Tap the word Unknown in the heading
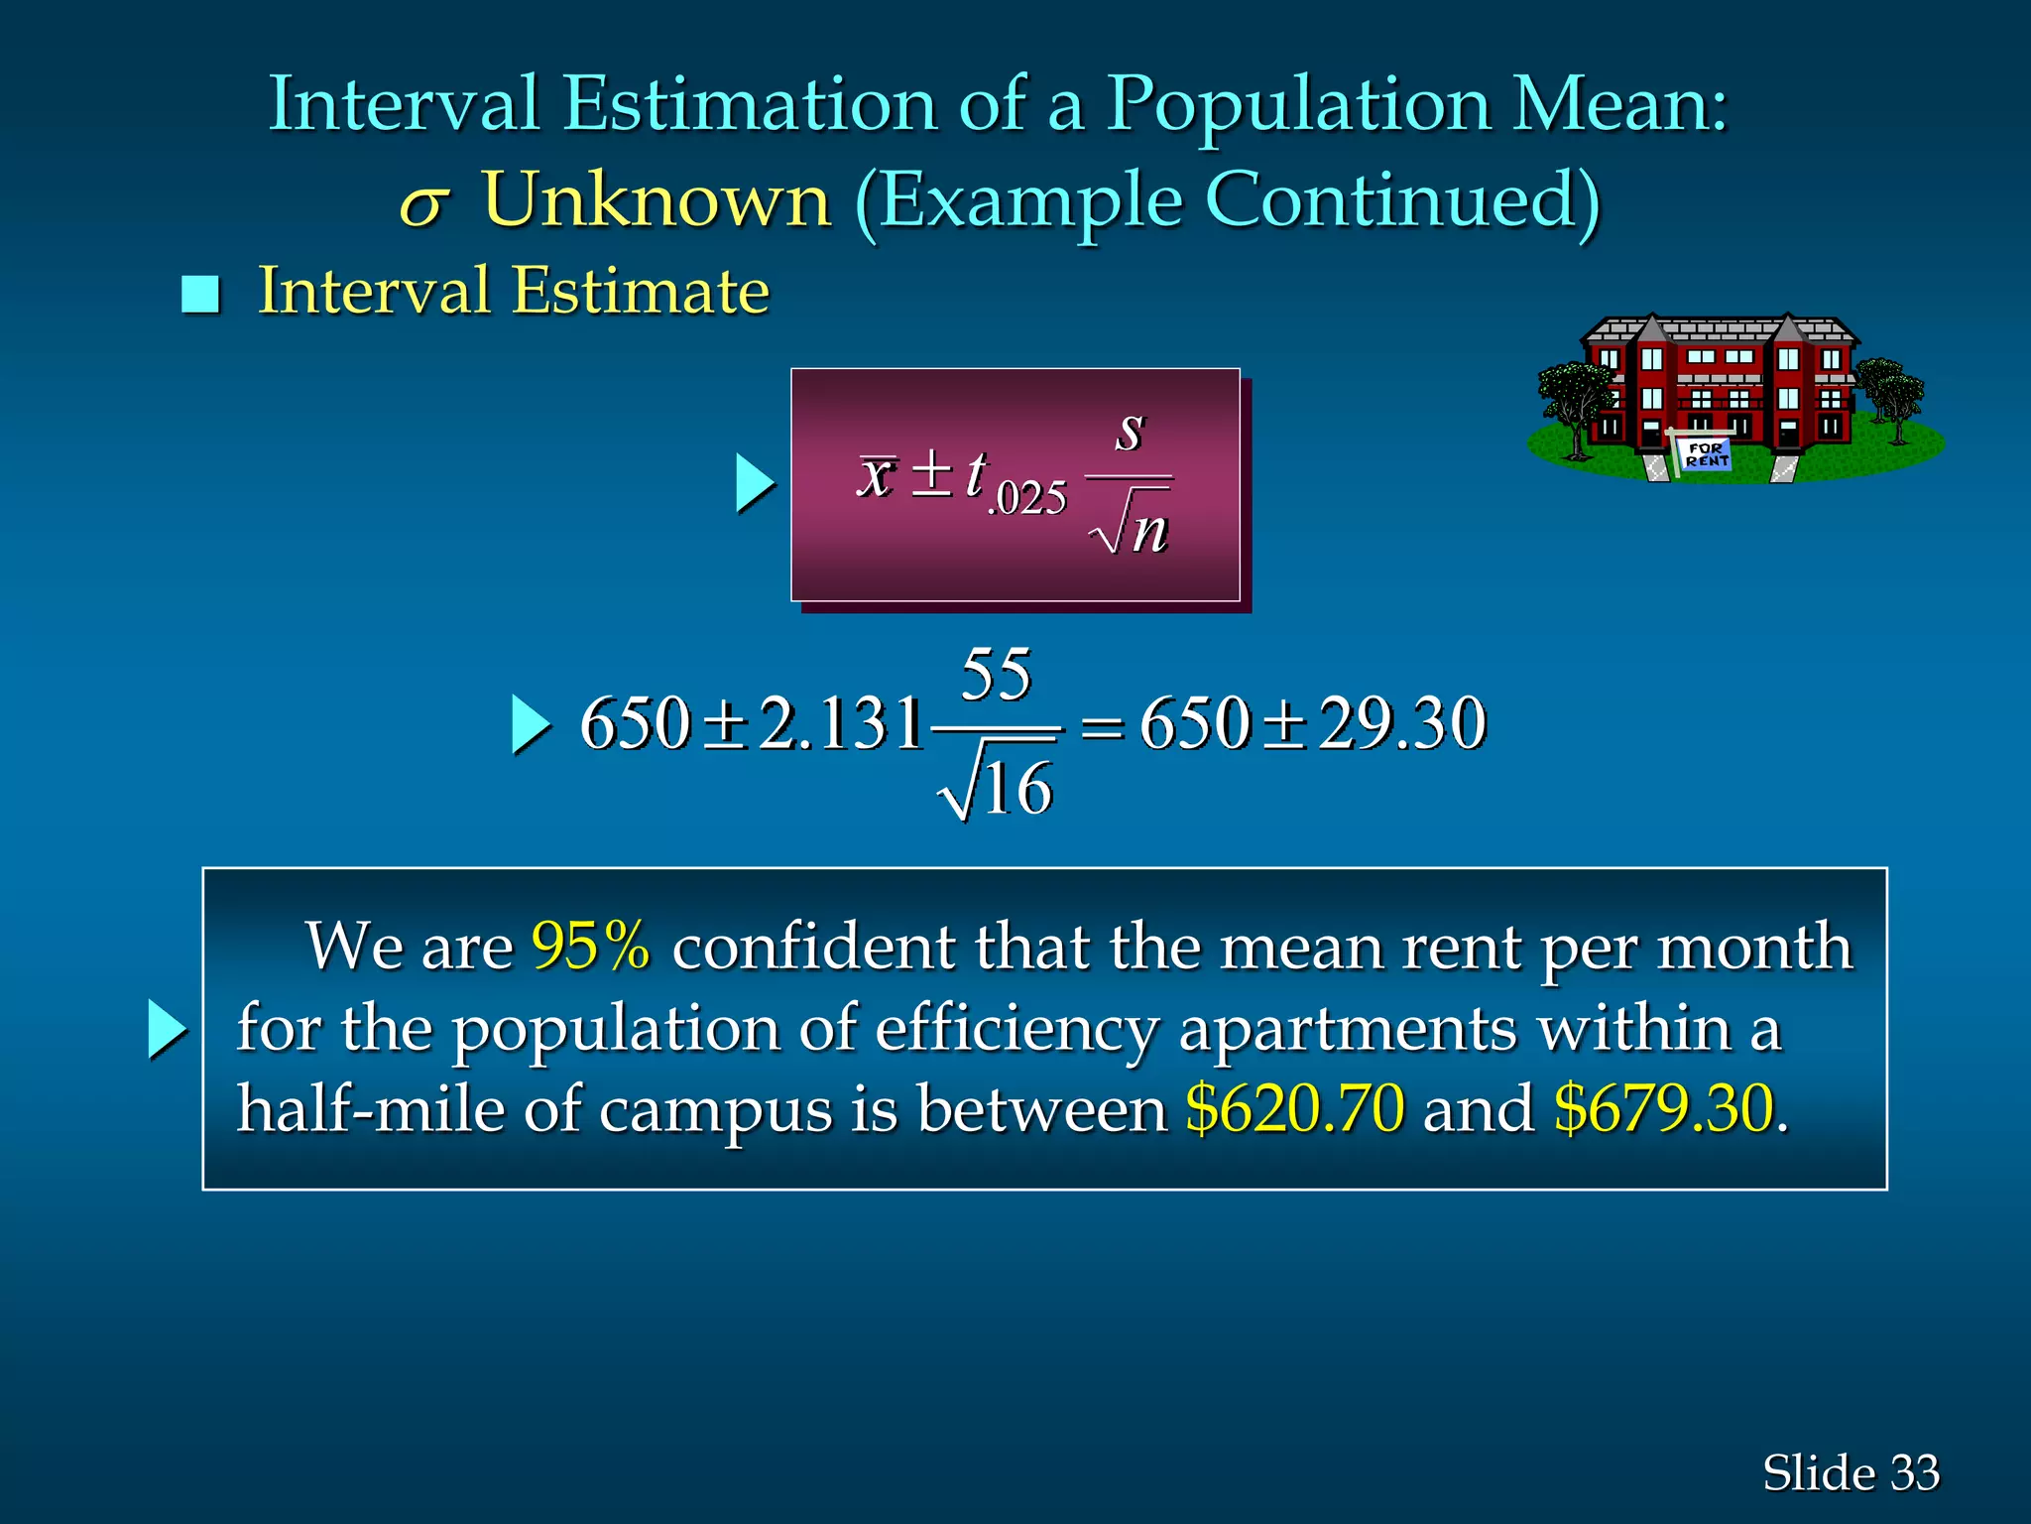(x=656, y=199)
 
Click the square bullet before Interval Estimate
(x=200, y=295)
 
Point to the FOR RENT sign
(x=1706, y=454)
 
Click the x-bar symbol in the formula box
(x=878, y=474)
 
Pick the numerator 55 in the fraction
(x=997, y=675)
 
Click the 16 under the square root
(x=1017, y=790)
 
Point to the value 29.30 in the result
(x=1402, y=723)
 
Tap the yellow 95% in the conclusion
(x=591, y=946)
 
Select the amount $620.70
(x=1295, y=1108)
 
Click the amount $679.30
(x=1663, y=1108)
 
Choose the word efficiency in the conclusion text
(x=1016, y=1029)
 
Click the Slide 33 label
(x=1851, y=1472)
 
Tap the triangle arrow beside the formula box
(x=755, y=484)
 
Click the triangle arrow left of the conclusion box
(x=167, y=1029)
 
